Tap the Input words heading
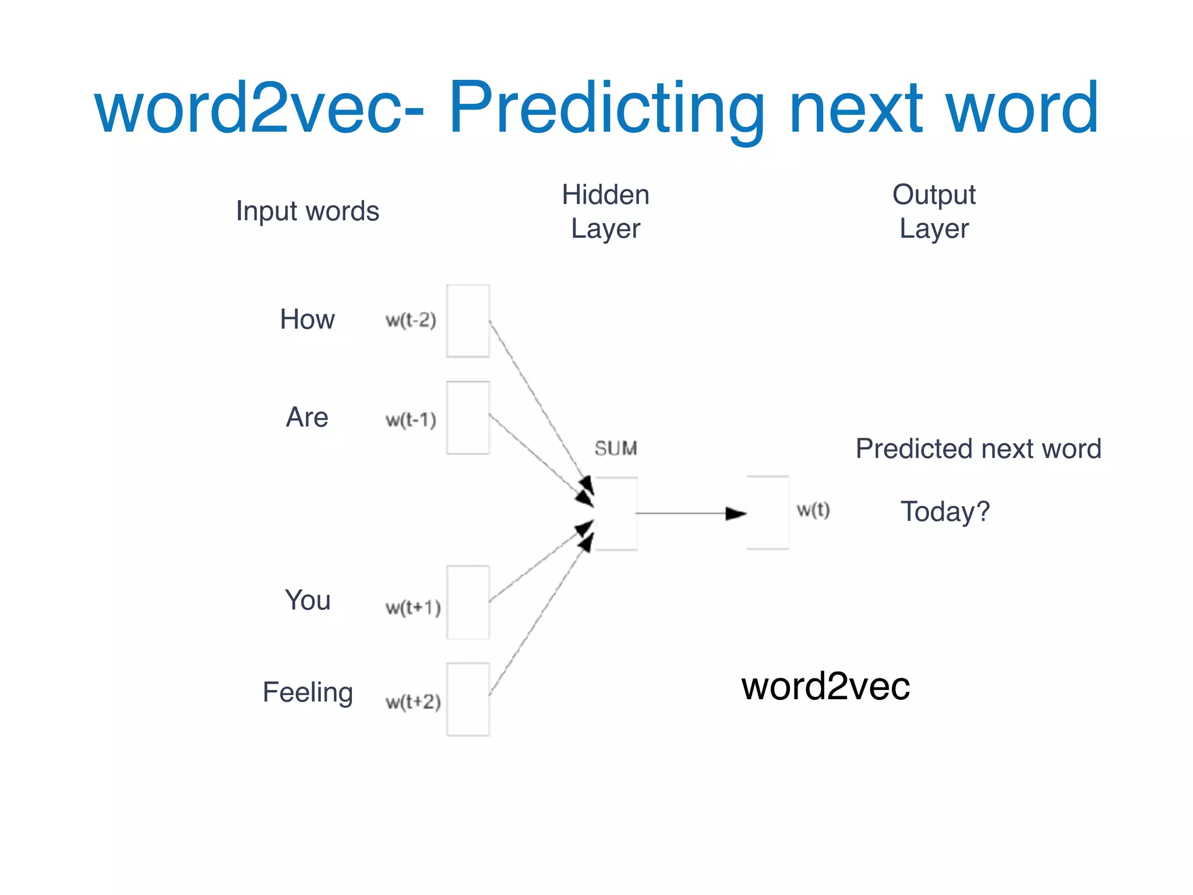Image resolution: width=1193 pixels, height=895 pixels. coord(307,211)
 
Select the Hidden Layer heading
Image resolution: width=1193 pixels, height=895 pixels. coord(605,211)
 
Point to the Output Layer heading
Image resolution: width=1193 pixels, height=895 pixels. coord(934,211)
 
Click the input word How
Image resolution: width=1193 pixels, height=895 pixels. coord(307,319)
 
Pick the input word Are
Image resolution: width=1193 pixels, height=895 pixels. coord(307,417)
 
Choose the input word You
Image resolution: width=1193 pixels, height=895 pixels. coord(308,600)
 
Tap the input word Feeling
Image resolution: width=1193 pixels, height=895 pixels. coord(308,692)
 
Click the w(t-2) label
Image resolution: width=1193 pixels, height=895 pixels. coord(411,320)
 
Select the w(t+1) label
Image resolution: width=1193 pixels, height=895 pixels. coord(413,608)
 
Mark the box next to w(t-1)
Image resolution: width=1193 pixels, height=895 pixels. coord(468,418)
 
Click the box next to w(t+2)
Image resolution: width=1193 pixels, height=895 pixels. coord(468,699)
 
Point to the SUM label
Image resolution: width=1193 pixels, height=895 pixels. coord(616,448)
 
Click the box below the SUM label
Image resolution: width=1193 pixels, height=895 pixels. coord(616,513)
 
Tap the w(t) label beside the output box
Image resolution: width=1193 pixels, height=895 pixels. coord(813,510)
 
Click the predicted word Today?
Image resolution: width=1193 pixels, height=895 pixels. coord(945,512)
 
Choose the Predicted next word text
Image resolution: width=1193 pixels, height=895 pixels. coord(978,449)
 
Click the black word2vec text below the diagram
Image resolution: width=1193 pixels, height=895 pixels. coord(825,686)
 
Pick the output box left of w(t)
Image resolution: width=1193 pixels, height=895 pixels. coord(768,513)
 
